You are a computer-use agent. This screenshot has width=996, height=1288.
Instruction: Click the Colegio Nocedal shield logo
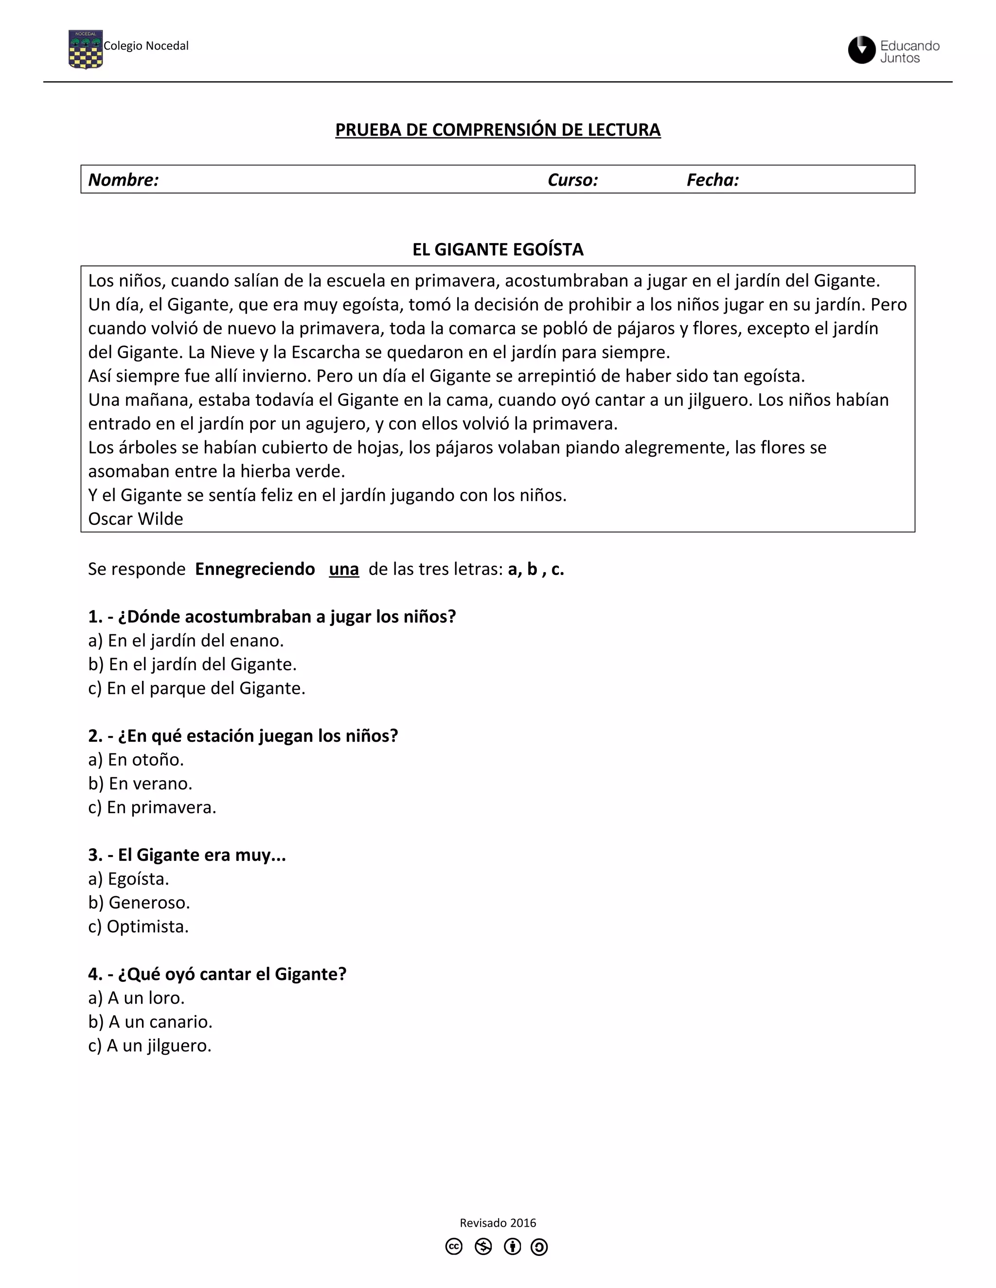(x=86, y=50)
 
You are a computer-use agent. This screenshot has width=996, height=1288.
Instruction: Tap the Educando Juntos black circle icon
(x=861, y=50)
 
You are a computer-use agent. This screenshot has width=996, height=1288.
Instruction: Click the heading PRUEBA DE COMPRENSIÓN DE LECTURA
(x=498, y=130)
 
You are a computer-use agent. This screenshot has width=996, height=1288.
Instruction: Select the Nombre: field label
(x=124, y=180)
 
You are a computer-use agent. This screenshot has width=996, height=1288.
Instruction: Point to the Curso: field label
(x=572, y=180)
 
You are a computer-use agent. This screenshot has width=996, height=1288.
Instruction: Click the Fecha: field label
(x=712, y=180)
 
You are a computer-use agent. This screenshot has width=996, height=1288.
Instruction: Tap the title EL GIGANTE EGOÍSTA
(x=498, y=249)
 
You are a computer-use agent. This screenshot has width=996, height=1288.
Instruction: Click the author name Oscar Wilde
(x=136, y=519)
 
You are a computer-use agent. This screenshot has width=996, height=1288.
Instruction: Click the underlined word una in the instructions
(x=344, y=569)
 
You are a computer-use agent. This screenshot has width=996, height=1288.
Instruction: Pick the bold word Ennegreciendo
(x=255, y=569)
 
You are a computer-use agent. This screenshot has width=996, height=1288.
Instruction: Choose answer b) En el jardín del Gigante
(x=193, y=664)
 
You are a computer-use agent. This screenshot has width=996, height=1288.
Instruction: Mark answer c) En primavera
(x=152, y=807)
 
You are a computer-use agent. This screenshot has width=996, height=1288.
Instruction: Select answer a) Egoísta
(x=128, y=879)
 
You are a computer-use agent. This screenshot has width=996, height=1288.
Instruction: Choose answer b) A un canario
(x=150, y=1022)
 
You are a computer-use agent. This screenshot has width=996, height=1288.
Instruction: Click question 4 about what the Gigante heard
(x=217, y=974)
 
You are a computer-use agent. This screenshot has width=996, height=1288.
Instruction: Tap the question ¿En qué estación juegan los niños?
(x=243, y=736)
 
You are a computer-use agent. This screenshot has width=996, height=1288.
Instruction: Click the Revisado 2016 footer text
(x=498, y=1222)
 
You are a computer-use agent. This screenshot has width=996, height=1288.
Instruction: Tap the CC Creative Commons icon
(x=454, y=1247)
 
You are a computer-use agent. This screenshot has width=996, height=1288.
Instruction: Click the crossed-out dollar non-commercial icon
(x=483, y=1247)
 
